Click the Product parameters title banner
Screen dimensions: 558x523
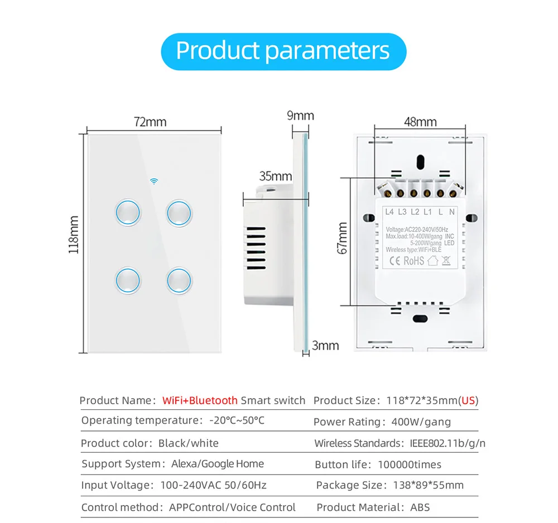283,51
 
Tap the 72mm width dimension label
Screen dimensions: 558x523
150,122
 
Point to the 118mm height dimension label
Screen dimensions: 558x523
74,235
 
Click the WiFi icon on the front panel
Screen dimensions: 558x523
154,181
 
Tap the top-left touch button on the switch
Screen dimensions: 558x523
128,212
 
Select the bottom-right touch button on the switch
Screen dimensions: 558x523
179,280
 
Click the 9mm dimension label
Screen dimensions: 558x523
300,115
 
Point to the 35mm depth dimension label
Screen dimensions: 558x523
276,176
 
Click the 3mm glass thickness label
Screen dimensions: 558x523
325,346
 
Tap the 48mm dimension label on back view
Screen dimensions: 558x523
420,122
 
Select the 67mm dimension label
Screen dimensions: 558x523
342,238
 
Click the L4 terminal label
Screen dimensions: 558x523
389,212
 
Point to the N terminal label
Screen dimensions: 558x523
451,212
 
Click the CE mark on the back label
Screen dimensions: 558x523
395,261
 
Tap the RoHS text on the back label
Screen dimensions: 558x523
414,261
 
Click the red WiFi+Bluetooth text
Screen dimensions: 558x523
200,400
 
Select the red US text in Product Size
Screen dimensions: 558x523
468,400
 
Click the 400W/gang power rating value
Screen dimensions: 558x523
421,422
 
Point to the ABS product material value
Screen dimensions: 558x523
420,507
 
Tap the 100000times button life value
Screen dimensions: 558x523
409,464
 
